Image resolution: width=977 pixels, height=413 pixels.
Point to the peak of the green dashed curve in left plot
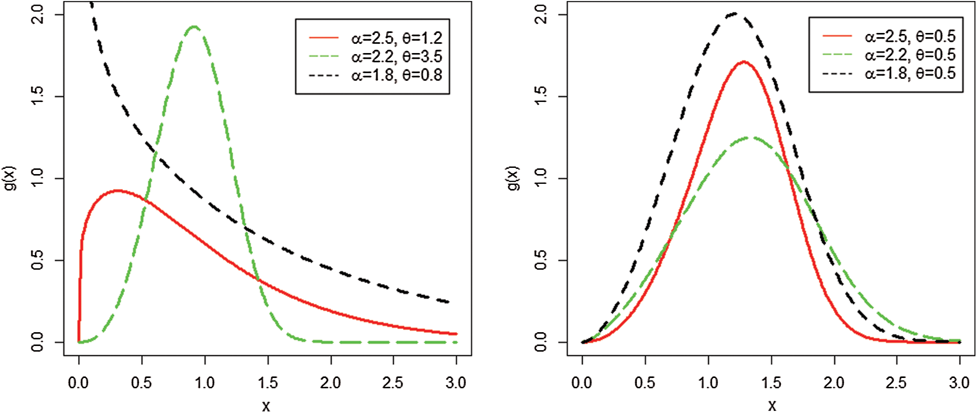[194, 27]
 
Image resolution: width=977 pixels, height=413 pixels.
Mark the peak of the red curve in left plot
[118, 191]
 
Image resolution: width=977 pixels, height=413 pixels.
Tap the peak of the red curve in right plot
[743, 62]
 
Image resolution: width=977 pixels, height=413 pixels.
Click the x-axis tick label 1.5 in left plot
[268, 383]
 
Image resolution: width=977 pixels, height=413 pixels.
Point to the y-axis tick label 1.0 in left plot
[38, 178]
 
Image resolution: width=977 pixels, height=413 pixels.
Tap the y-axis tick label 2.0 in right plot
[541, 14]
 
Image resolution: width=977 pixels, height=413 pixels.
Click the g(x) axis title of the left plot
[10, 178]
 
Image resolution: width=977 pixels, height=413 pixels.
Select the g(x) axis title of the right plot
[514, 178]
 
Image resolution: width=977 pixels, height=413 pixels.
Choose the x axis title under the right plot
[771, 406]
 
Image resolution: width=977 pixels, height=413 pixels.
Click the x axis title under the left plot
[266, 406]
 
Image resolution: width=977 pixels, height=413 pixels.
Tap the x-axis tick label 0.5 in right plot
[645, 383]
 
